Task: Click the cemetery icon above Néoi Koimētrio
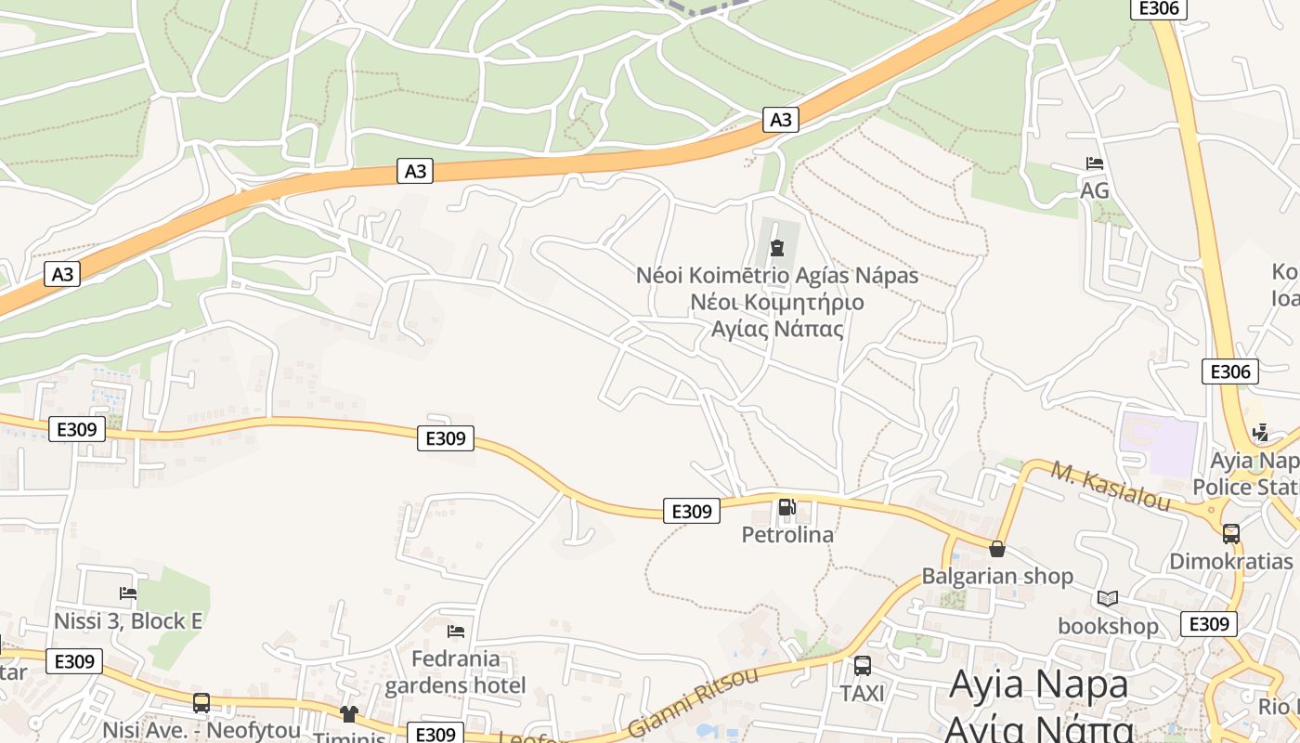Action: [776, 248]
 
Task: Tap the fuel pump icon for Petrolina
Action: [786, 507]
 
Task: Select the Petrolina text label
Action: [787, 535]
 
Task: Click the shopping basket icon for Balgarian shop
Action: [997, 549]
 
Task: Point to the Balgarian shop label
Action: [997, 576]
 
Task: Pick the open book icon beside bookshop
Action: [1107, 598]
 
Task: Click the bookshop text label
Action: [1108, 626]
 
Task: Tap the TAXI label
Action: [863, 694]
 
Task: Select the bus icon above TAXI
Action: [863, 666]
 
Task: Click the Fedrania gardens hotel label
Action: [455, 672]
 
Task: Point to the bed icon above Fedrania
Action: [455, 632]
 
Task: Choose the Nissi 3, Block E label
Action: [128, 620]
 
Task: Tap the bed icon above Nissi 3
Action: [128, 593]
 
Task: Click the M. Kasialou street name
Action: [1111, 484]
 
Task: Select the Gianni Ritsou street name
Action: [693, 701]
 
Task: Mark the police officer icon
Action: [1260, 432]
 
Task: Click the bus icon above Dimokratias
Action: [1231, 534]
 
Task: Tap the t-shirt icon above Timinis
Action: [349, 713]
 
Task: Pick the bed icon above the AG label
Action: [1095, 163]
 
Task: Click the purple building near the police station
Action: [1160, 445]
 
